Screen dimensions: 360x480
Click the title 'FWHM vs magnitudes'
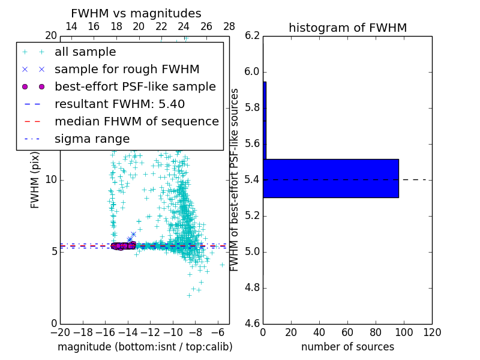click(x=136, y=13)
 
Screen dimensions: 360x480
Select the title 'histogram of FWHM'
click(x=347, y=28)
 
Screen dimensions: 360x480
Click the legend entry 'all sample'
click(x=85, y=52)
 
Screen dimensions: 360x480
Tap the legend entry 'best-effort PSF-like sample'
click(x=135, y=87)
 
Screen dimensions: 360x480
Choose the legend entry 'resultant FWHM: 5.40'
click(x=119, y=104)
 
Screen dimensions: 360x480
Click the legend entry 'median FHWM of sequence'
click(x=136, y=122)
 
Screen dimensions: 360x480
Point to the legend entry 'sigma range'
click(x=92, y=139)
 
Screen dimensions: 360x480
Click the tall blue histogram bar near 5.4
click(x=331, y=178)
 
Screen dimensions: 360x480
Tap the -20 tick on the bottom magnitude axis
click(x=60, y=332)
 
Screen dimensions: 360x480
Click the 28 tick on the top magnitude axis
click(x=229, y=26)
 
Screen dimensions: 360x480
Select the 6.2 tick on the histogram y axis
click(x=253, y=36)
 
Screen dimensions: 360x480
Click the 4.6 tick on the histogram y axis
click(x=253, y=324)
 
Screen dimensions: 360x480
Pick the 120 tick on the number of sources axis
click(x=432, y=332)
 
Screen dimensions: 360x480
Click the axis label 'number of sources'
click(x=347, y=347)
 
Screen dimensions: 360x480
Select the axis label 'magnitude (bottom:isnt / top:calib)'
click(x=145, y=347)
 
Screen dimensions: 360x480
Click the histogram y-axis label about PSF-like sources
click(x=235, y=180)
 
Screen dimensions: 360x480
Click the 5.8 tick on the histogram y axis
click(x=253, y=108)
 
